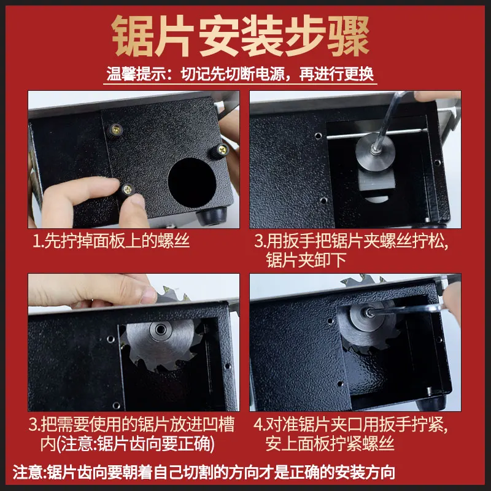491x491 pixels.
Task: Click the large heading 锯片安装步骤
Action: [241, 36]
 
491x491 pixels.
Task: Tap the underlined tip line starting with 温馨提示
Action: [240, 74]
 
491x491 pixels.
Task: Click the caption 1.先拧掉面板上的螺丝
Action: [112, 241]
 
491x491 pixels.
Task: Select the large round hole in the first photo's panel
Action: [192, 183]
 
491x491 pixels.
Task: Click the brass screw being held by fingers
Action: [128, 189]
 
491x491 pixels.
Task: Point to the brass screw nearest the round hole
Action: [222, 150]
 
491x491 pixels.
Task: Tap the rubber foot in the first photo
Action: [211, 215]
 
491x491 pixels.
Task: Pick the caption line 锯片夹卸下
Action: [306, 260]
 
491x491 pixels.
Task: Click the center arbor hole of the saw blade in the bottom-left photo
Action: [161, 329]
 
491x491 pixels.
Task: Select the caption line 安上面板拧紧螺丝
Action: [330, 444]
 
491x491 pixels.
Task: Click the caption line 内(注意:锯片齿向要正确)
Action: [128, 444]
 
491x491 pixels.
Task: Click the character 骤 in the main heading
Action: [349, 36]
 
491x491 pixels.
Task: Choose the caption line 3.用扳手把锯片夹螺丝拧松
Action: [351, 241]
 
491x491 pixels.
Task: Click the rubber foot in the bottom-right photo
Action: [433, 403]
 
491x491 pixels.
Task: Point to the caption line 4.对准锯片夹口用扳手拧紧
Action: [350, 425]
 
